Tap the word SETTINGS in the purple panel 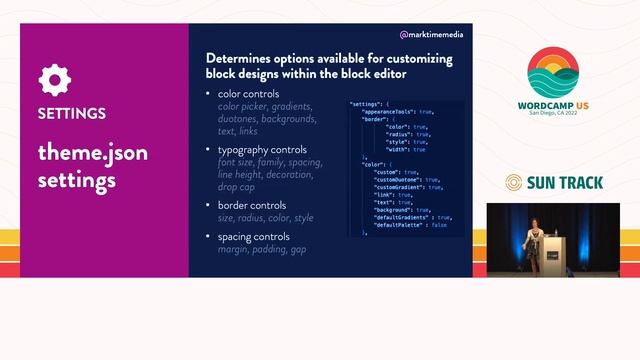[x=72, y=113]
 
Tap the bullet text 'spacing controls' [x=257, y=237]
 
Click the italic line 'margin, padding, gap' [x=262, y=249]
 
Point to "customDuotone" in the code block [x=398, y=179]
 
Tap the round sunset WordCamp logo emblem [x=561, y=76]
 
